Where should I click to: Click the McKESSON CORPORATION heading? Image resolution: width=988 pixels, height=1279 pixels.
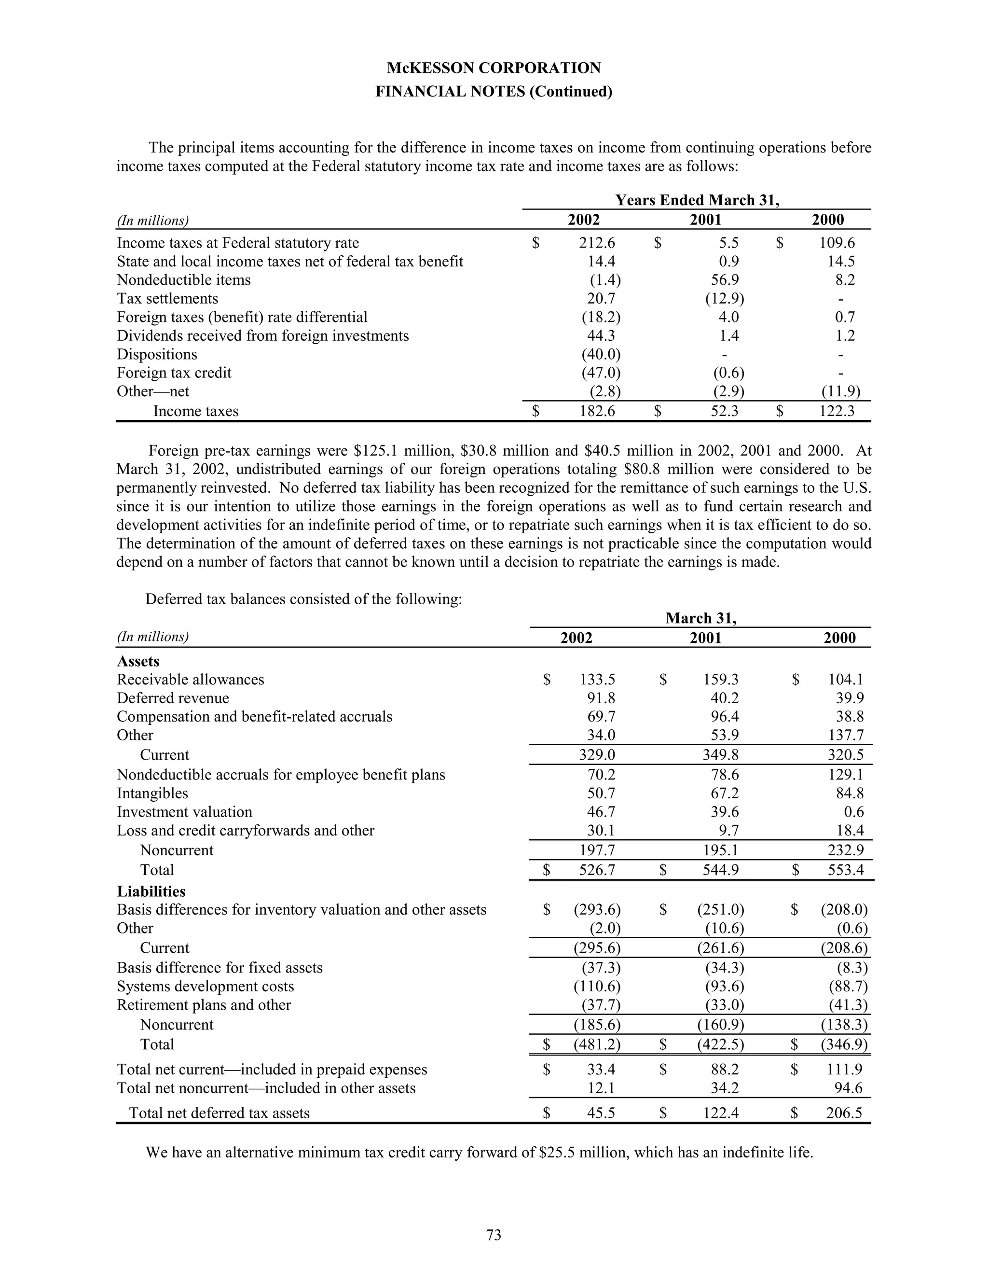tap(494, 68)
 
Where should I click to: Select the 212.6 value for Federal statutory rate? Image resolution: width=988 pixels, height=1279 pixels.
tap(597, 243)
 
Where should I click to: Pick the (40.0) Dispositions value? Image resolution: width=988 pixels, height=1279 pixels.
tap(601, 354)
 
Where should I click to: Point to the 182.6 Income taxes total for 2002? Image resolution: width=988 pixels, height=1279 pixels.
tap(597, 411)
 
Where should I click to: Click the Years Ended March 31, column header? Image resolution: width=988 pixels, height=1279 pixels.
tap(697, 200)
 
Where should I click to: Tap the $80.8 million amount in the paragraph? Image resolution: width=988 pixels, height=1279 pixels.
tap(647, 469)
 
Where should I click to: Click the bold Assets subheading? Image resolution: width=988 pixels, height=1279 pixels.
tap(138, 661)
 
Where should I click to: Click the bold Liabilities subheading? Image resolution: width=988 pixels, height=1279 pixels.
tap(151, 891)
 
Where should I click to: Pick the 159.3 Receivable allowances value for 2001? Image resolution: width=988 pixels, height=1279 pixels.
tap(721, 680)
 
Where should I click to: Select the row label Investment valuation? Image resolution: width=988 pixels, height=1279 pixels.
tap(184, 812)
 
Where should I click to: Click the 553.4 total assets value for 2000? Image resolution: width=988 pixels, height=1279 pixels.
tap(845, 870)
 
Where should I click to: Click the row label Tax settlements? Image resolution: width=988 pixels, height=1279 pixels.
tap(167, 299)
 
